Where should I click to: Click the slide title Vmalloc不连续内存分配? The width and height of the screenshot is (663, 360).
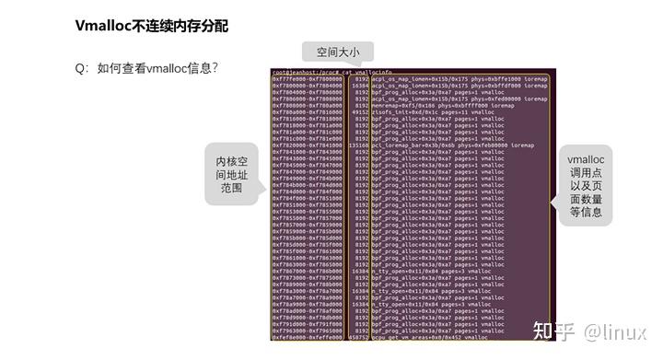(151, 26)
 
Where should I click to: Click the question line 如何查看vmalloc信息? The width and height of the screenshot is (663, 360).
(152, 68)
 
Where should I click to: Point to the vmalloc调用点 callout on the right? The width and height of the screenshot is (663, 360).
(585, 186)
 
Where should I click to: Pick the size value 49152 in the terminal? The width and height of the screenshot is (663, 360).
(358, 111)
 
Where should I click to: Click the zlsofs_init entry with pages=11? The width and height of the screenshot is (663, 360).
(415, 111)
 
